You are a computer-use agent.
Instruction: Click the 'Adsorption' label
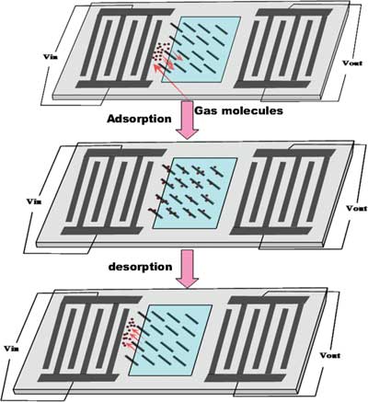click(139, 119)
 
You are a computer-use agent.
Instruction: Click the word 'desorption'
click(140, 267)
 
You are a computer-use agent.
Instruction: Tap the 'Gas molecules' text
click(238, 110)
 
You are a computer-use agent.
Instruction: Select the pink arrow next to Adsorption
click(187, 120)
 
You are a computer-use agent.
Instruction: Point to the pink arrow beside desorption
click(187, 269)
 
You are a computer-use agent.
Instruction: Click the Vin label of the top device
click(51, 57)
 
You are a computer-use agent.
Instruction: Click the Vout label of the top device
click(352, 63)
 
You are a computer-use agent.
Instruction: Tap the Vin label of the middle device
click(34, 201)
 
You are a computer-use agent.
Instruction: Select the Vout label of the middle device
click(356, 208)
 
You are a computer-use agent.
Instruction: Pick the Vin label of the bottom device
click(12, 349)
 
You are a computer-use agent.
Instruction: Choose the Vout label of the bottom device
click(330, 355)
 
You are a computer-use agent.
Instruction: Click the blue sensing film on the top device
click(201, 50)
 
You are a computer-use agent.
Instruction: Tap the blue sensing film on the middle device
click(195, 193)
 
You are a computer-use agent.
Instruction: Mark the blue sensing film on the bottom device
click(170, 340)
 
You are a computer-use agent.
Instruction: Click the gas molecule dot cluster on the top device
click(161, 52)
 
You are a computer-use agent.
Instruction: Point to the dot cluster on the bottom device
click(129, 332)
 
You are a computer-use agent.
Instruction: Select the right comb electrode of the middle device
click(283, 192)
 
